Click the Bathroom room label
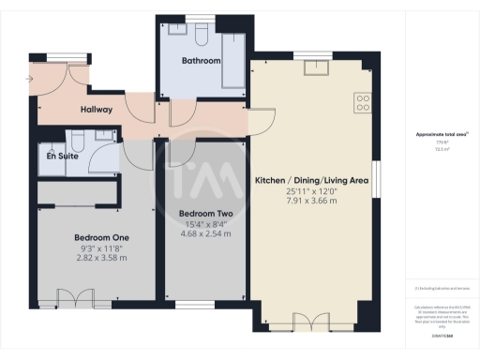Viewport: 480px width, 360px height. [202, 61]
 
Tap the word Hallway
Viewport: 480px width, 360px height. [97, 110]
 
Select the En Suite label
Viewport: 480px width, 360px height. [62, 157]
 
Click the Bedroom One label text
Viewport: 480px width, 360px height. [100, 237]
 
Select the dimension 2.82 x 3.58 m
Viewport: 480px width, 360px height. [100, 258]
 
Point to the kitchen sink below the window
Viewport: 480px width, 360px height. [312, 65]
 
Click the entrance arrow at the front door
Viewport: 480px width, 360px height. [30, 78]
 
